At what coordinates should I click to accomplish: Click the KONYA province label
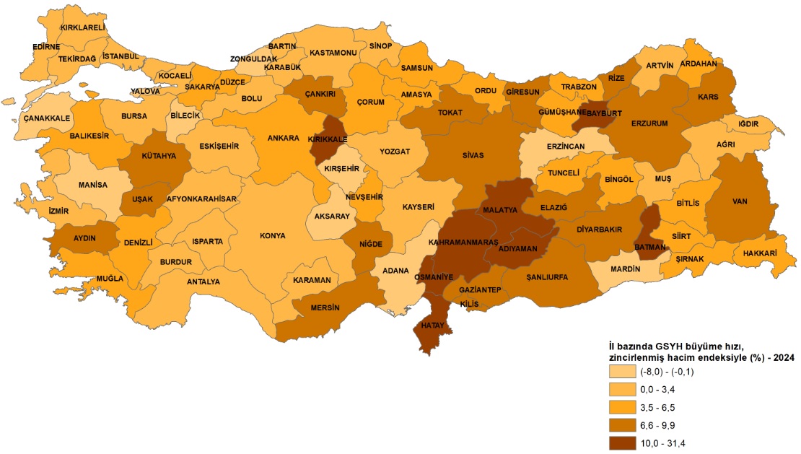point(272,235)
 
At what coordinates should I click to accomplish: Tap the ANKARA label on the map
point(283,138)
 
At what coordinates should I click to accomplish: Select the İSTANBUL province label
point(120,56)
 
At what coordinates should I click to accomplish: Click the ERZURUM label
point(649,123)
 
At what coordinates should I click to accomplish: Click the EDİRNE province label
point(47,47)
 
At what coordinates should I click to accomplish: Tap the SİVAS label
point(473,155)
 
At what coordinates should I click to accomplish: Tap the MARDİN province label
point(625,269)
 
